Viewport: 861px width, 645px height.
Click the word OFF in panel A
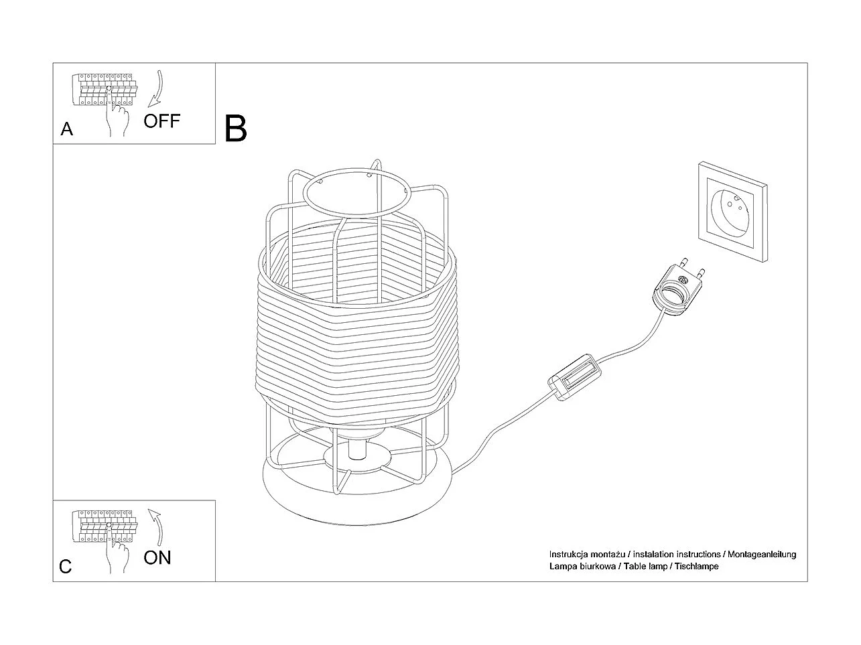pos(161,121)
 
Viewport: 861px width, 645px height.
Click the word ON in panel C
pos(157,557)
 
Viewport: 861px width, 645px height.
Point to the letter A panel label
pos(67,129)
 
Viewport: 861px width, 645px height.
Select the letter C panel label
pos(66,567)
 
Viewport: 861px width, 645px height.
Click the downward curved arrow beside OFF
pos(157,88)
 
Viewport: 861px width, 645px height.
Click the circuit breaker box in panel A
pos(105,90)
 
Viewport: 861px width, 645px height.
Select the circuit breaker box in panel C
pos(105,526)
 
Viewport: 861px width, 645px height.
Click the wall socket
pos(733,212)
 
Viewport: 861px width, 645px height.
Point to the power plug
pos(678,287)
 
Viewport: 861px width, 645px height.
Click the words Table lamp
pos(645,566)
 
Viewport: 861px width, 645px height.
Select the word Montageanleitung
pos(762,555)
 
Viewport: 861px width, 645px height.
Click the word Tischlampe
pos(697,566)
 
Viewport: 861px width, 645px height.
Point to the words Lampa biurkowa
pos(582,566)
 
